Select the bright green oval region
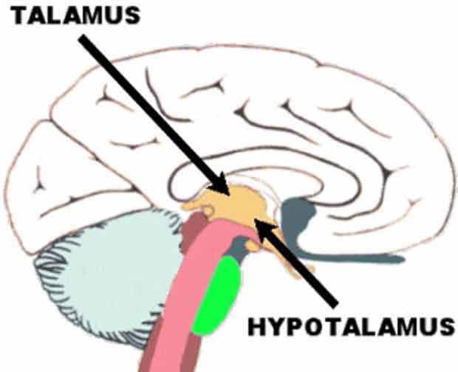coord(219,295)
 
